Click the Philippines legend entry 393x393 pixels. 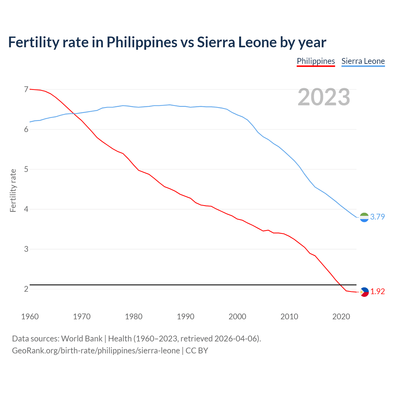316,61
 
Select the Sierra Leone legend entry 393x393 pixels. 363,61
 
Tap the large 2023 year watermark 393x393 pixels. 324,97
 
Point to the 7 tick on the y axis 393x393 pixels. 26,89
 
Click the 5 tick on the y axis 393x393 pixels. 26,169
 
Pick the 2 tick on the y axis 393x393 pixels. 26,289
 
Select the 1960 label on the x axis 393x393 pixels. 30,317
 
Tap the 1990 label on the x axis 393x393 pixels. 185,317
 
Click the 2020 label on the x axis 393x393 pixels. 341,317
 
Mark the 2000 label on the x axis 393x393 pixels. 237,317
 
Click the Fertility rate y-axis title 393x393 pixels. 13,190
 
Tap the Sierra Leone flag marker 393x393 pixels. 364,217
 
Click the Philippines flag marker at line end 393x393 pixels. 364,292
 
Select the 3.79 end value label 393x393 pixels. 377,217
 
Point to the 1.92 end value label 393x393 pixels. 377,292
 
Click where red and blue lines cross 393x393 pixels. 75,114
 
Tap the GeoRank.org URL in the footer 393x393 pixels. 96,351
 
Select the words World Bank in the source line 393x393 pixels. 82,339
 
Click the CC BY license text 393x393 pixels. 197,351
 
